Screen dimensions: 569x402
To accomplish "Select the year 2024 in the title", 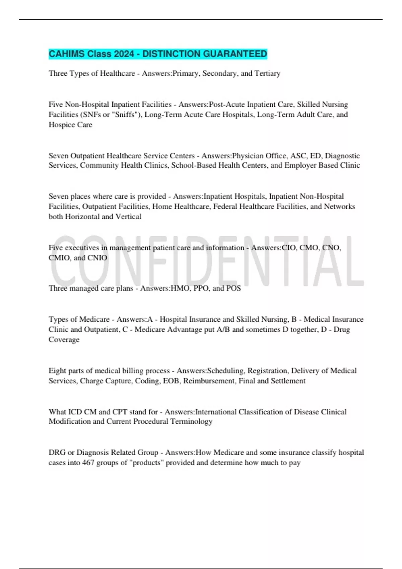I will pyautogui.click(x=124, y=54).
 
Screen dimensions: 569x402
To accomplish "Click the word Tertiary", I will pyautogui.click(x=267, y=73).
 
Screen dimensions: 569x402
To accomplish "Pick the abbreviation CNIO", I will pyautogui.click(x=97, y=258).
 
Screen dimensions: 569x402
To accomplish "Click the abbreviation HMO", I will pyautogui.click(x=180, y=288).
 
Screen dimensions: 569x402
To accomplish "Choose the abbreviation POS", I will pyautogui.click(x=233, y=288).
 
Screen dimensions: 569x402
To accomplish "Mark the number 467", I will pyautogui.click(x=88, y=463).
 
